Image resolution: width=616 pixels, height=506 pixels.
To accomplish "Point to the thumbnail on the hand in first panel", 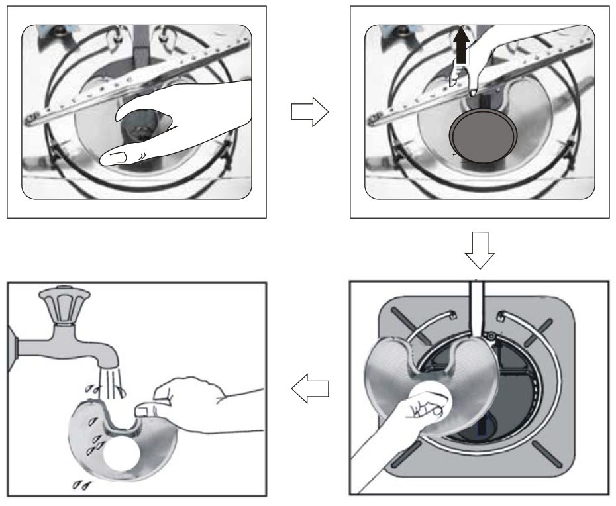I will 119,157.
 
